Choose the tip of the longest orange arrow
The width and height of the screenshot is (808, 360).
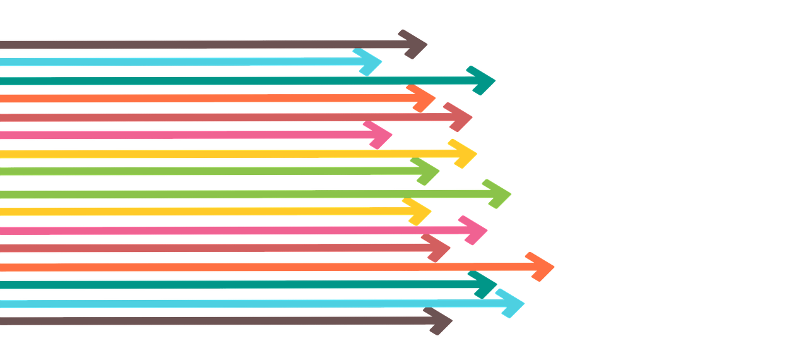pos(554,267)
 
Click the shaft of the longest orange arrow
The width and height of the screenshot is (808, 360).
pos(252,267)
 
